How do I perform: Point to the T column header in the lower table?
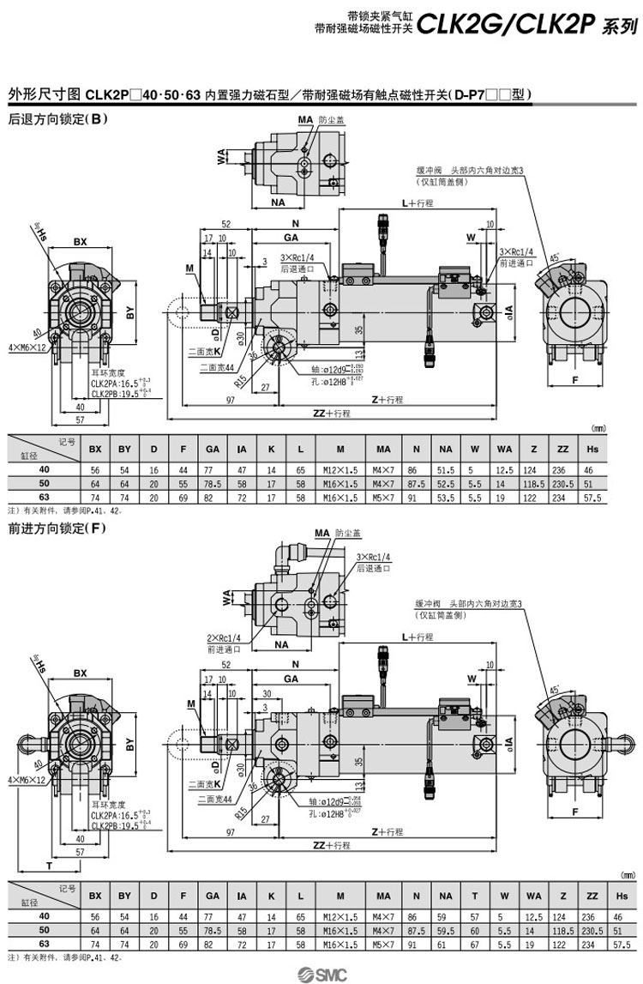474,895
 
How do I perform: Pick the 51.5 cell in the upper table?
446,470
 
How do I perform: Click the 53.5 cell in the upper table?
446,498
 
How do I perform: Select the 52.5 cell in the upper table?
446,484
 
